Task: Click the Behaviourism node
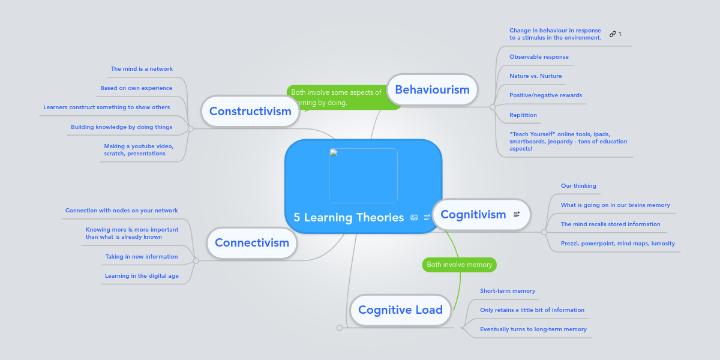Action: coord(432,89)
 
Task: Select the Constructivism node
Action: coord(250,111)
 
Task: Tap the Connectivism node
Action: coord(252,242)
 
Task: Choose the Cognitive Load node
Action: coord(400,310)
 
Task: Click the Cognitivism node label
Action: coord(473,214)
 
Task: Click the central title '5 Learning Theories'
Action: coord(349,217)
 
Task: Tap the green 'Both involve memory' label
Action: coord(460,265)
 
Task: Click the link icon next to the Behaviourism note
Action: coord(613,34)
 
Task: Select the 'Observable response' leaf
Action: coord(539,57)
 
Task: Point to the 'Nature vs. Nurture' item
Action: coord(535,76)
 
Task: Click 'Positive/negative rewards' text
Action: coord(545,95)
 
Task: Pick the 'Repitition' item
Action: coord(523,115)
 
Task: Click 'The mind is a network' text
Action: coord(142,69)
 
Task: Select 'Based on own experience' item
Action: coord(136,88)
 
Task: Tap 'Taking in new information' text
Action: coord(142,257)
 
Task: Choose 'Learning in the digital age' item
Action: coord(142,276)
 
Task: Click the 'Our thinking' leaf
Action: coord(578,186)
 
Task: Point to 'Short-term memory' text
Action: coord(508,291)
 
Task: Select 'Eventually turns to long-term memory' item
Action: coord(533,329)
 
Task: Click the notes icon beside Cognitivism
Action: coord(517,214)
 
